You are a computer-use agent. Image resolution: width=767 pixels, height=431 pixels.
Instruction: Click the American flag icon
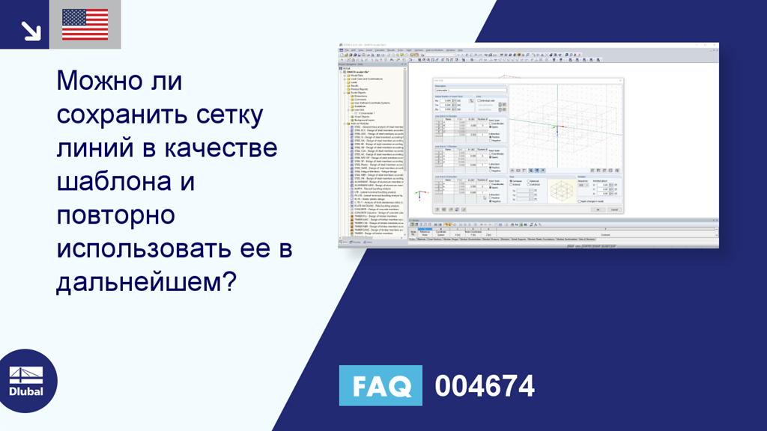pos(85,25)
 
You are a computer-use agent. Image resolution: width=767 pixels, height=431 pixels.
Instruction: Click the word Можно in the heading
pos(98,80)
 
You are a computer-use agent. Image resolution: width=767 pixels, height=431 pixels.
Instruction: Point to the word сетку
pos(226,114)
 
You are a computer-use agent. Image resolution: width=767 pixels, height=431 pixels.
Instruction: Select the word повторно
pos(115,215)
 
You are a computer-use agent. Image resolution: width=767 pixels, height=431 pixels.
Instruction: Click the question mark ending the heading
pos(230,283)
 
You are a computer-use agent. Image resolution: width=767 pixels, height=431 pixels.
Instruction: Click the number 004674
pos(485,386)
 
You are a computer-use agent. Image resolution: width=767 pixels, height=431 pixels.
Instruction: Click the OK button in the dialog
pos(598,210)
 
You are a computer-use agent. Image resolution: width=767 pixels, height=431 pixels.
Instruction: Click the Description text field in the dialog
pos(452,90)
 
